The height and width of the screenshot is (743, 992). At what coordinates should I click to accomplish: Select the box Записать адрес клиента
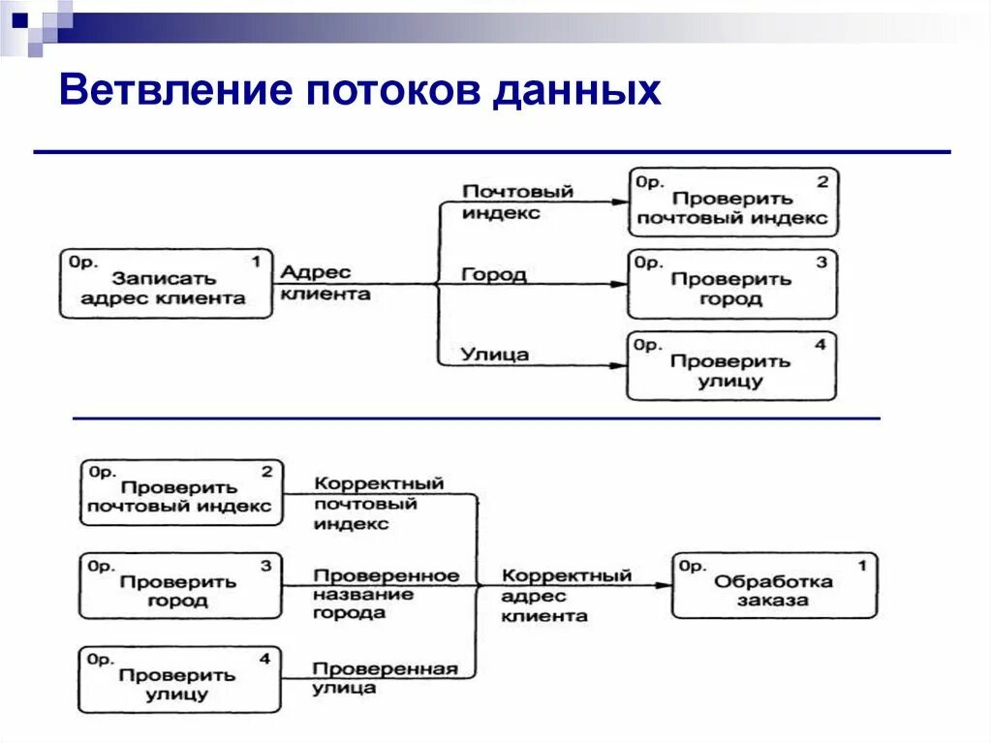[166, 283]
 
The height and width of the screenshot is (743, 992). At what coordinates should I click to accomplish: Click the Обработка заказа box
[774, 585]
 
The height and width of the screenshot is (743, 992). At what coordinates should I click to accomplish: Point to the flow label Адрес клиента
[325, 283]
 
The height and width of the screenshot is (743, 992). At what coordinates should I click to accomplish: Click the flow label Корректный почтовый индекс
[378, 503]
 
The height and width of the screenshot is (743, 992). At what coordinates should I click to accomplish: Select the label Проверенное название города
[385, 593]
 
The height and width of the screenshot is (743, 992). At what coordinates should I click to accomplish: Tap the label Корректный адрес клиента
[566, 595]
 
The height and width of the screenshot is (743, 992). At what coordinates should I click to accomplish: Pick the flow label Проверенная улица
[384, 677]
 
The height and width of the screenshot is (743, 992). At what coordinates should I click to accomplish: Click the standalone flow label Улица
[494, 355]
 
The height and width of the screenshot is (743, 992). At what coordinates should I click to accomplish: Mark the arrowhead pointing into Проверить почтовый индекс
[619, 201]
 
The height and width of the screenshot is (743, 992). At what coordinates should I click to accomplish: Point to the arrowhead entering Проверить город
[619, 284]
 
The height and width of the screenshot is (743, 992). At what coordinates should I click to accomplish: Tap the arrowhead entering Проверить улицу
[619, 366]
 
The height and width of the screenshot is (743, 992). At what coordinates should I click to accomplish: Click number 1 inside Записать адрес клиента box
[256, 262]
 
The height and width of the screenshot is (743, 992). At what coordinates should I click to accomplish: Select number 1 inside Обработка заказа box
[861, 563]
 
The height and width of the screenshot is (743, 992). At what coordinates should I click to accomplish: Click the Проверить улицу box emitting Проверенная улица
[180, 680]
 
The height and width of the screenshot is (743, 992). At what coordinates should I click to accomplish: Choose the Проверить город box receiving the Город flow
[732, 285]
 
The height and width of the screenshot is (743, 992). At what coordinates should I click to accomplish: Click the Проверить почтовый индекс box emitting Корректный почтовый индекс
[181, 493]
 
